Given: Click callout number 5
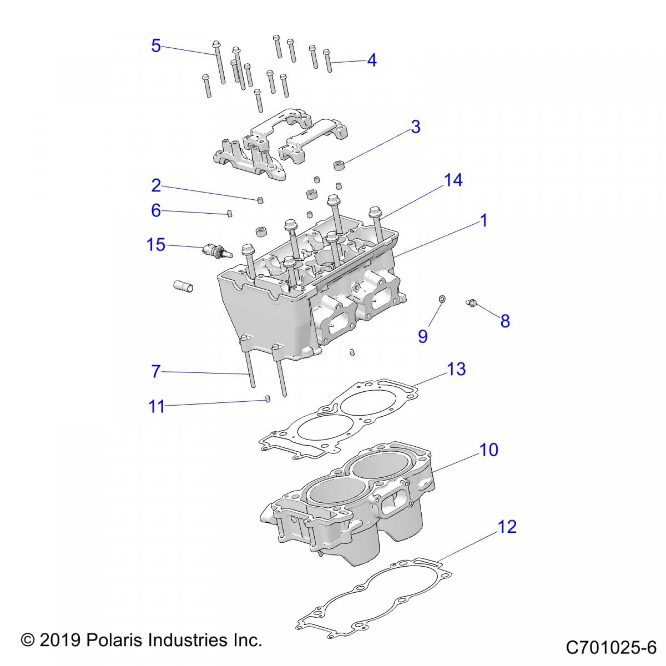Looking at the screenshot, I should [x=156, y=46].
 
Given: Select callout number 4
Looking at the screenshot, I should [x=372, y=60].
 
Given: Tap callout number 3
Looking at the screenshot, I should [x=416, y=127].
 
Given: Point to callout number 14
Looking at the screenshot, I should [x=453, y=180].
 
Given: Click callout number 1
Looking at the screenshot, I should [x=483, y=220].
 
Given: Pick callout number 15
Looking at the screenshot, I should [x=156, y=244].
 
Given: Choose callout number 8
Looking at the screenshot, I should [x=505, y=321].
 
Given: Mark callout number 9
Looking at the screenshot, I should [x=423, y=336].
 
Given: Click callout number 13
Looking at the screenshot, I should [x=457, y=369].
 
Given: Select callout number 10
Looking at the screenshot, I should [x=489, y=450].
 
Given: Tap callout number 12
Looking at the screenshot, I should [x=507, y=526].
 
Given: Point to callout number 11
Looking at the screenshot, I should [x=157, y=407].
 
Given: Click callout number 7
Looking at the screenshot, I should [x=156, y=371].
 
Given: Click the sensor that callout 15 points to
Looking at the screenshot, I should [x=214, y=251].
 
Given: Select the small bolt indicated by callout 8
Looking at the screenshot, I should [x=472, y=302].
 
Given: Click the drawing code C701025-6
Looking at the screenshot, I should [x=611, y=647].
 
